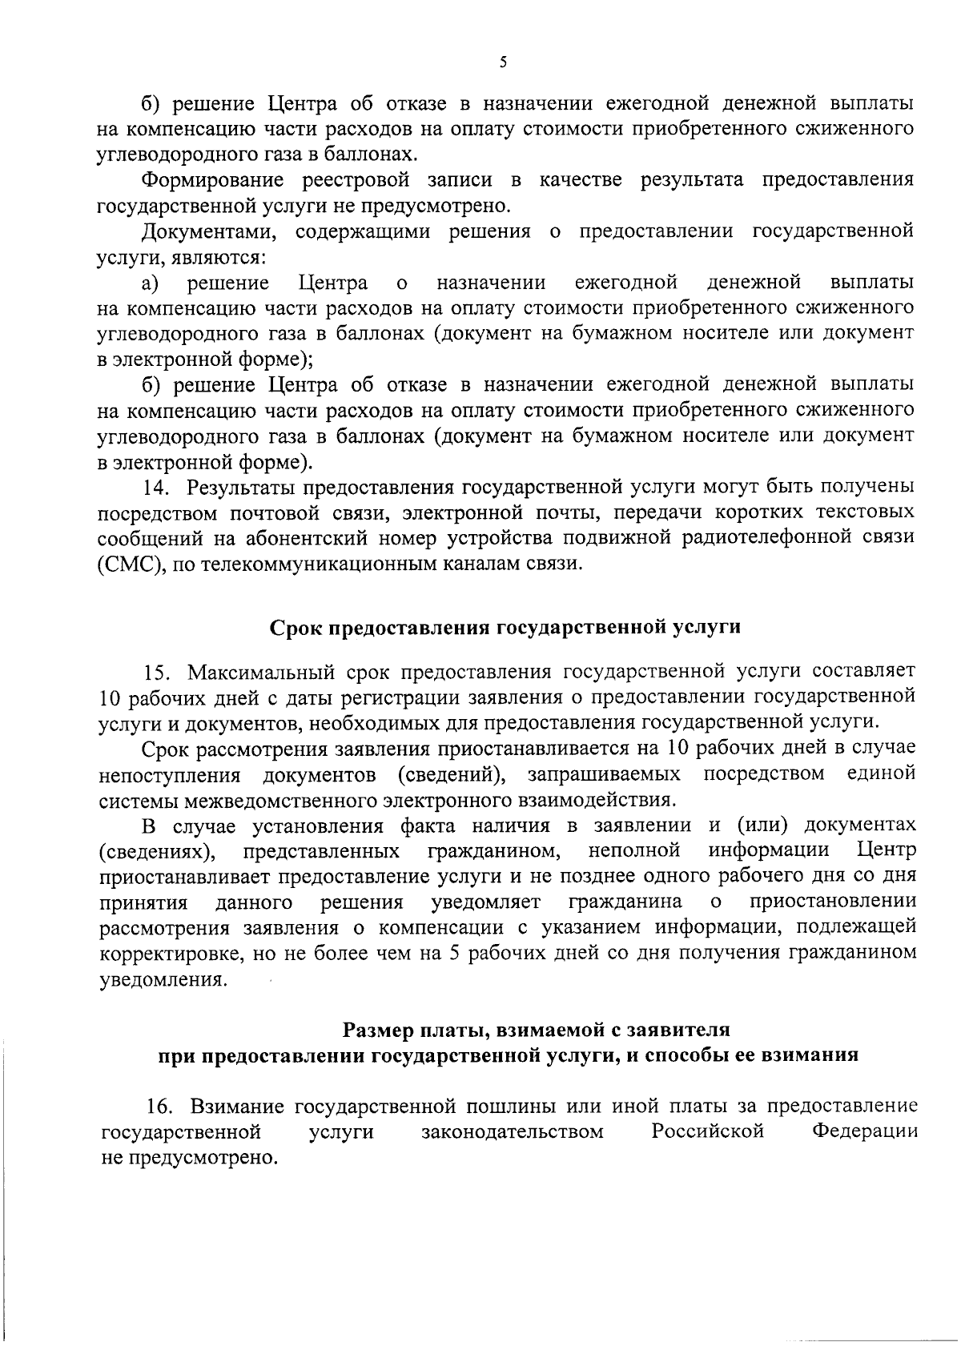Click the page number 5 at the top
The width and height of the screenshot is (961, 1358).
click(x=502, y=63)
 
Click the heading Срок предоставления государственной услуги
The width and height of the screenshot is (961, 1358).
click(x=504, y=627)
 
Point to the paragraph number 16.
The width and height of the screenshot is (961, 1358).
click(x=162, y=1107)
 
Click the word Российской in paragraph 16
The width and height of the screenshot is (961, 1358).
click(x=706, y=1131)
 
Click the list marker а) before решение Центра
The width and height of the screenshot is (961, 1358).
click(x=151, y=283)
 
